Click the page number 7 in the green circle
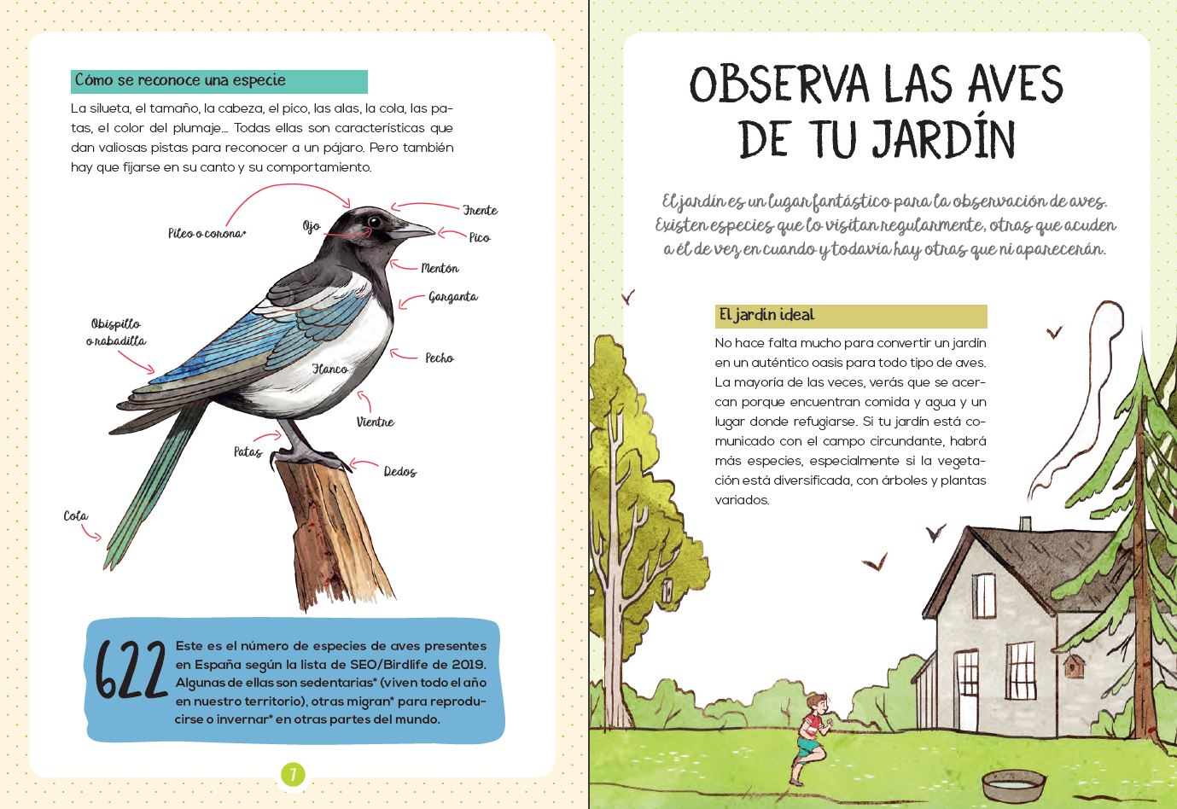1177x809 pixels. [x=293, y=775]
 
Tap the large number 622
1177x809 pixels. [x=131, y=670]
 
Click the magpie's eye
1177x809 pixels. [x=374, y=222]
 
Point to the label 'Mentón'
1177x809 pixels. [x=440, y=268]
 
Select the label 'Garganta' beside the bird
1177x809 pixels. [x=453, y=297]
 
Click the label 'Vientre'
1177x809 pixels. [x=376, y=422]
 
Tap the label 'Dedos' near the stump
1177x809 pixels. [x=399, y=471]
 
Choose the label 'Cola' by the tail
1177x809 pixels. [x=76, y=515]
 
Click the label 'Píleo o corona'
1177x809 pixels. [x=207, y=233]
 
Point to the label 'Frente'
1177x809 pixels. [x=480, y=210]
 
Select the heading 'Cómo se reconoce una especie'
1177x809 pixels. [x=181, y=80]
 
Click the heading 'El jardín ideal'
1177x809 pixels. [x=767, y=315]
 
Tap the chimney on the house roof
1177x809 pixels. [x=1025, y=522]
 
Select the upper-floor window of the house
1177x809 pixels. [x=983, y=596]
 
